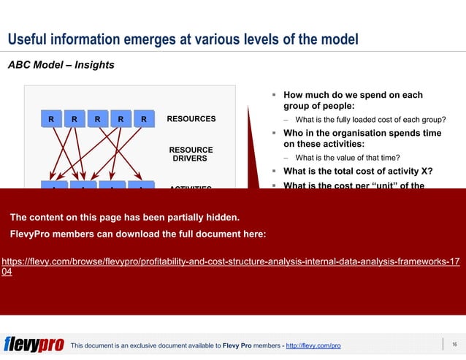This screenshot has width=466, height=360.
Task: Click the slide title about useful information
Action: (x=183, y=39)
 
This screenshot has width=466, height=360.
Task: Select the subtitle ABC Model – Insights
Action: (x=61, y=65)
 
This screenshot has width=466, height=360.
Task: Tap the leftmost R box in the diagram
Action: (x=50, y=119)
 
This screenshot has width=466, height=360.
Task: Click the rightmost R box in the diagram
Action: (x=144, y=119)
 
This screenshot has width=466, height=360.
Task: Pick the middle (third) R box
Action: (x=97, y=119)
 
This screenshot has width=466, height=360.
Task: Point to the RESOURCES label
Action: (x=191, y=118)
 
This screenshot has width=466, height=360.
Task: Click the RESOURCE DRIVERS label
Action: (x=191, y=154)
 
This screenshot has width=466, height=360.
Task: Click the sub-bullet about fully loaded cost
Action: (x=370, y=120)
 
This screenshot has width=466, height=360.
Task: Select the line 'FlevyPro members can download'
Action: (x=137, y=234)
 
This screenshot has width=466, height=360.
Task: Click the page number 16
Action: (x=454, y=344)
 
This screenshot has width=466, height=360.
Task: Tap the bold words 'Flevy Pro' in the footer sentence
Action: (x=238, y=345)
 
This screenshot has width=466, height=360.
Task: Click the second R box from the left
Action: (x=74, y=119)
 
